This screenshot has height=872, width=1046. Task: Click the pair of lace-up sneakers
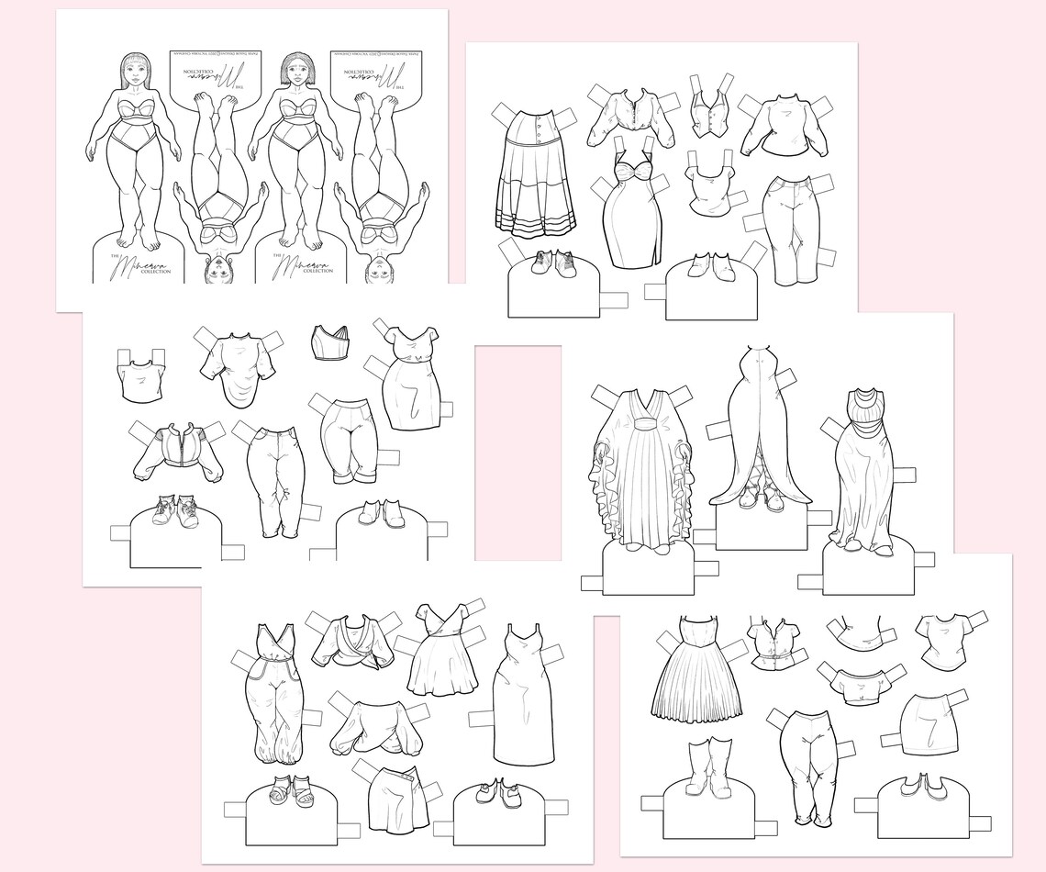(173, 511)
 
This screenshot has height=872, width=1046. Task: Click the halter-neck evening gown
(862, 468)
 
